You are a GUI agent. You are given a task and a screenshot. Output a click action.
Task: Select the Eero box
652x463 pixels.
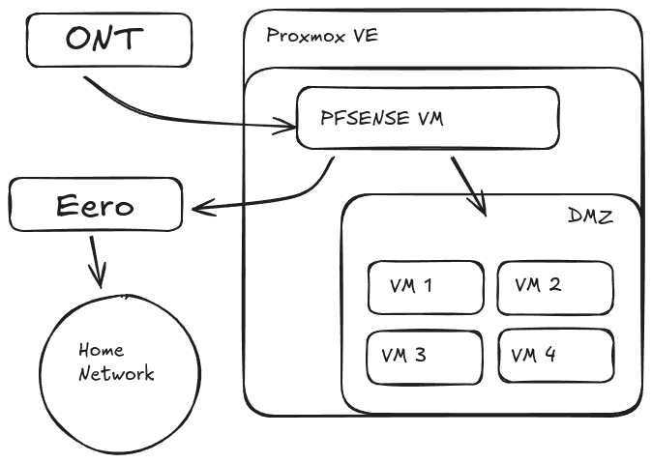[x=95, y=205]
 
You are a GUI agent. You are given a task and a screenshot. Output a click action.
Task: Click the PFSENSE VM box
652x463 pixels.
[x=427, y=118]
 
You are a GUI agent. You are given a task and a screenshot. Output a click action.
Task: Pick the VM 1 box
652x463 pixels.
[x=425, y=287]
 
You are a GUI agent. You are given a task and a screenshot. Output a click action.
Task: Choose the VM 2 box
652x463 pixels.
[x=554, y=287]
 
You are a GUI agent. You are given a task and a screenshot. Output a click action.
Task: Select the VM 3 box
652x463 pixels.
[x=425, y=356]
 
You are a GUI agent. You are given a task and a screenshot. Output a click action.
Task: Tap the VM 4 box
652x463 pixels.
[x=554, y=356]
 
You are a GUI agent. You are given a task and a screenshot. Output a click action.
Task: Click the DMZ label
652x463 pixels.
[x=589, y=216]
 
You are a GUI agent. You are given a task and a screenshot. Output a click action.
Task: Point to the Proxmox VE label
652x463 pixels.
[x=321, y=36]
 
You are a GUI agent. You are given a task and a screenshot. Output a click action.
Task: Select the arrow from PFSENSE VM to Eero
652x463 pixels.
[x=271, y=198]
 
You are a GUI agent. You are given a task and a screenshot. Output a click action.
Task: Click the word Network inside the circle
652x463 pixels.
[x=116, y=374]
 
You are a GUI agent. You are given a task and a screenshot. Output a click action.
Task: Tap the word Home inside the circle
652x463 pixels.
[x=101, y=350]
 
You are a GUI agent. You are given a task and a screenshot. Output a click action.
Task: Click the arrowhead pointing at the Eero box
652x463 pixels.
[x=200, y=207]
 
